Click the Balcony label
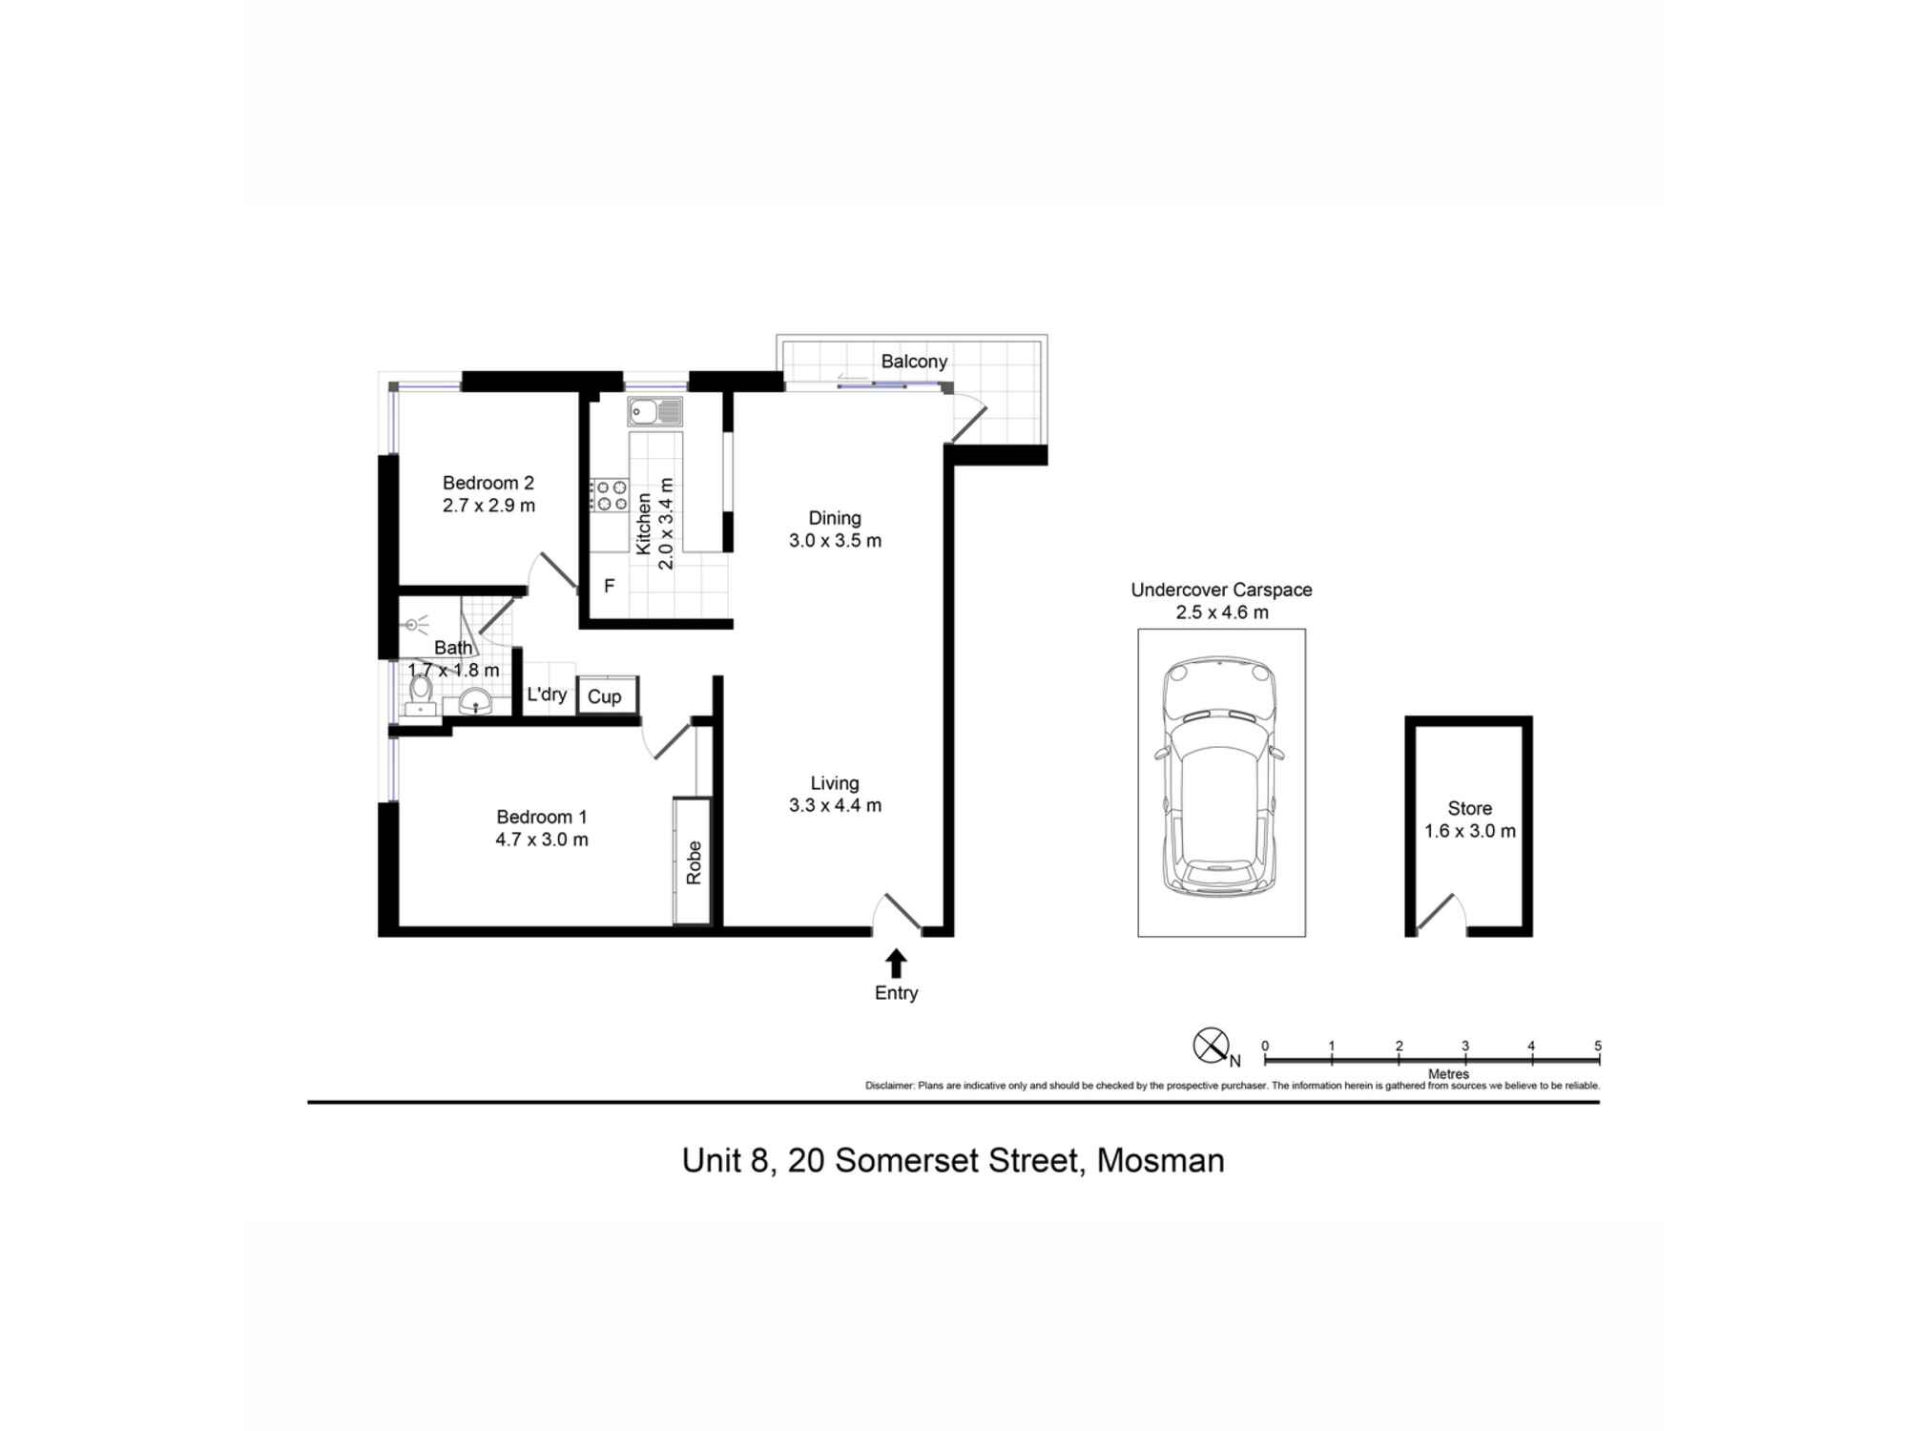913,362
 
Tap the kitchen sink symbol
654,412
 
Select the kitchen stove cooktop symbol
609,495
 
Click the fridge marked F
610,586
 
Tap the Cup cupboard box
605,696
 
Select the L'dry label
547,695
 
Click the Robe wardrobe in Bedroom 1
693,861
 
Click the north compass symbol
1210,1046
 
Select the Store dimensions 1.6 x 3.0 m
1469,831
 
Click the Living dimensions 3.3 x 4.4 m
835,805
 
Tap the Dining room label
835,518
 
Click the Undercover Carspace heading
1221,590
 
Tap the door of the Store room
1435,912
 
